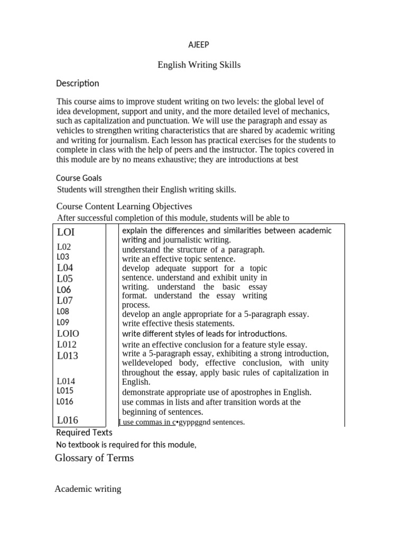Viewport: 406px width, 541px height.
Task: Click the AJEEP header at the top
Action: [x=199, y=45]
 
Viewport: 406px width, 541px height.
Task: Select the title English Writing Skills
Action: [x=199, y=65]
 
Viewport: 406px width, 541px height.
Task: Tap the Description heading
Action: [x=78, y=83]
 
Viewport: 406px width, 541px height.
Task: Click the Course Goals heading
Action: [x=79, y=178]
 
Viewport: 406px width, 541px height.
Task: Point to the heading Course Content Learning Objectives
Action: [x=124, y=206]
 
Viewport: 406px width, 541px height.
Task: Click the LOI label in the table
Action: [x=66, y=232]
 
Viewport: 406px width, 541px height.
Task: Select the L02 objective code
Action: [x=64, y=247]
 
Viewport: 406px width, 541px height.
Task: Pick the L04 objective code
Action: [x=65, y=268]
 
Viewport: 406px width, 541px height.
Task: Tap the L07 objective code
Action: [x=65, y=301]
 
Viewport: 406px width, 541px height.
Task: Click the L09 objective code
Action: [x=63, y=322]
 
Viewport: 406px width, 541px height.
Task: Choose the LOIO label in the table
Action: [x=68, y=333]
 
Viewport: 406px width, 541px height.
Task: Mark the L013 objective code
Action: [x=68, y=356]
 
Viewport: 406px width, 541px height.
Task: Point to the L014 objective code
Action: [x=66, y=381]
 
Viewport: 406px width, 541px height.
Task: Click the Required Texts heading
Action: [x=84, y=433]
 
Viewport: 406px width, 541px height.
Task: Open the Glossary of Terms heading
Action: [x=94, y=458]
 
